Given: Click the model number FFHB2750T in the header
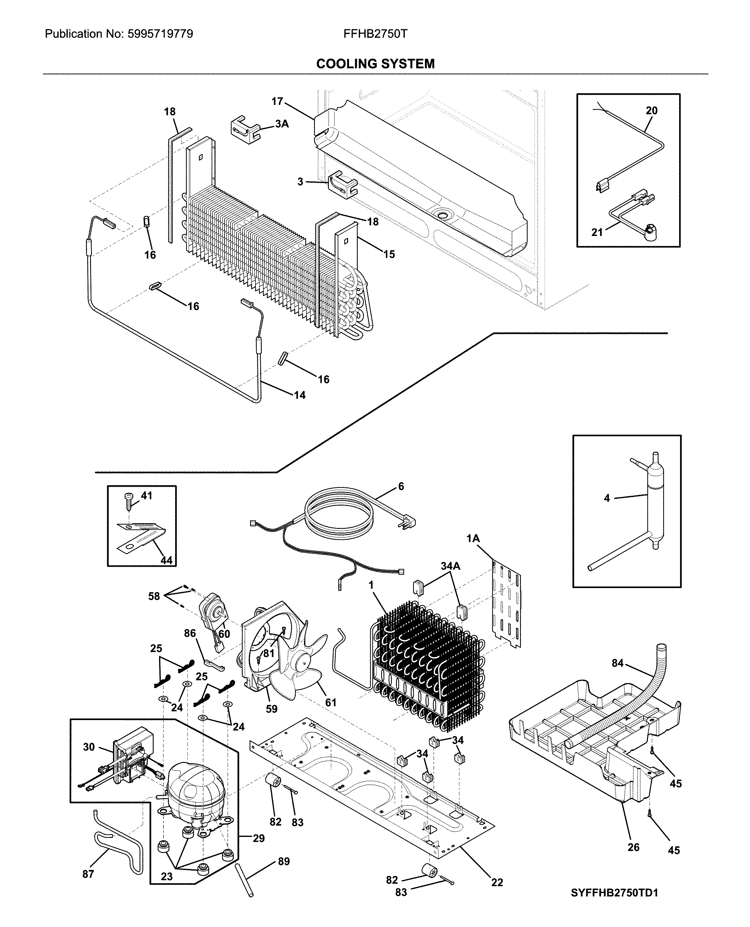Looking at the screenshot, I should [x=375, y=34].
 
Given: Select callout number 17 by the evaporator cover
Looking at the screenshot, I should [x=277, y=101].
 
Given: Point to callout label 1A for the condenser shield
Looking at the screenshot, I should [x=473, y=538].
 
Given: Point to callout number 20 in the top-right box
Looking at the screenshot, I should [x=651, y=111].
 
